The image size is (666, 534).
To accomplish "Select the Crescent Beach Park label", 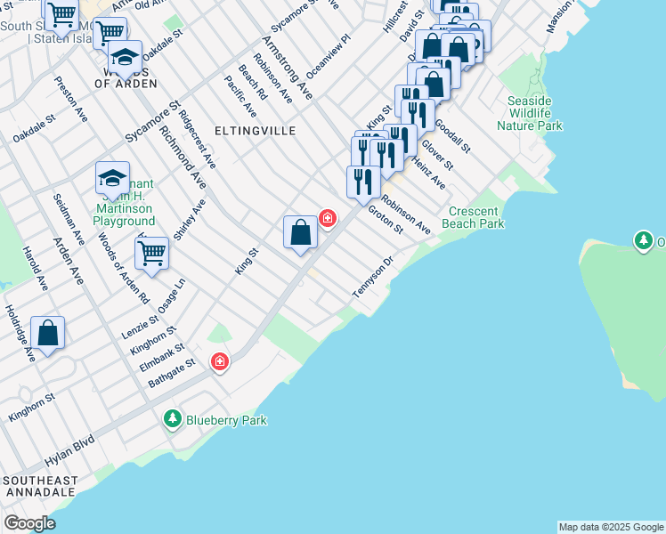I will pyautogui.click(x=476, y=217).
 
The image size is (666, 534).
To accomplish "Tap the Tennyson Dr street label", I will pyautogui.click(x=373, y=279).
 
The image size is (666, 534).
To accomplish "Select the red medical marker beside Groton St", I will pyautogui.click(x=328, y=217).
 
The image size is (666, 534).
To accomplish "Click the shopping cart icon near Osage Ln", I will pyautogui.click(x=152, y=253).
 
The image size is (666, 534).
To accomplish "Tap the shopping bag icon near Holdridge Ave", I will pyautogui.click(x=47, y=334).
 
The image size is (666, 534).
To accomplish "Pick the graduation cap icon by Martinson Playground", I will pyautogui.click(x=113, y=178).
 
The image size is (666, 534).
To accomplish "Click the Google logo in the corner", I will pyautogui.click(x=29, y=523).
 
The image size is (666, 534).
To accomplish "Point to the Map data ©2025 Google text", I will pyautogui.click(x=611, y=527).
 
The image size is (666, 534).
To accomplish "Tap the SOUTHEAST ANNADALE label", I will pyautogui.click(x=40, y=486).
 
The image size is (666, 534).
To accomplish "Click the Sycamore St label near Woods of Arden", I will pyautogui.click(x=147, y=121).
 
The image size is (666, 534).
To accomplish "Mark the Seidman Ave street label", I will pyautogui.click(x=67, y=219).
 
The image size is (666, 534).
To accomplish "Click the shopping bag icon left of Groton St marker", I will pyautogui.click(x=301, y=232).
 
